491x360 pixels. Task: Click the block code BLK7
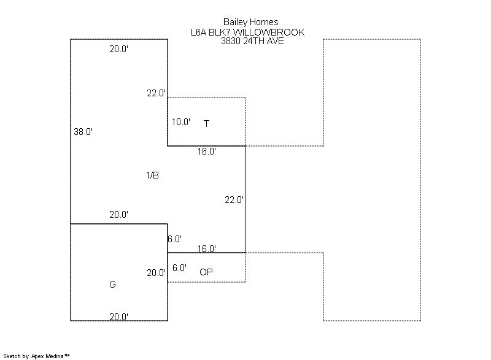(x=223, y=33)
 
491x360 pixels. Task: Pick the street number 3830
(x=232, y=41)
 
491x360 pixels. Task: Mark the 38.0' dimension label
(x=83, y=131)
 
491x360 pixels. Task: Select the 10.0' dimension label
(x=181, y=122)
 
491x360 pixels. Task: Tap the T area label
(x=207, y=124)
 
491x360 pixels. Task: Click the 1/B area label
(x=152, y=175)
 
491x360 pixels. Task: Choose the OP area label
(x=206, y=272)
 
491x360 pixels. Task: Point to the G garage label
(x=112, y=285)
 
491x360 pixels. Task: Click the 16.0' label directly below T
(x=206, y=151)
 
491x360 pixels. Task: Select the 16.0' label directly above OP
(x=206, y=248)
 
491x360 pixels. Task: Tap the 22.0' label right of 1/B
(x=234, y=199)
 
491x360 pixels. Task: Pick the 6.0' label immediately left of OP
(x=179, y=268)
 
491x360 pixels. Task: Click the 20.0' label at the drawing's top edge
(x=118, y=49)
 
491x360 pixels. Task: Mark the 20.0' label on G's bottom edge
(x=118, y=316)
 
